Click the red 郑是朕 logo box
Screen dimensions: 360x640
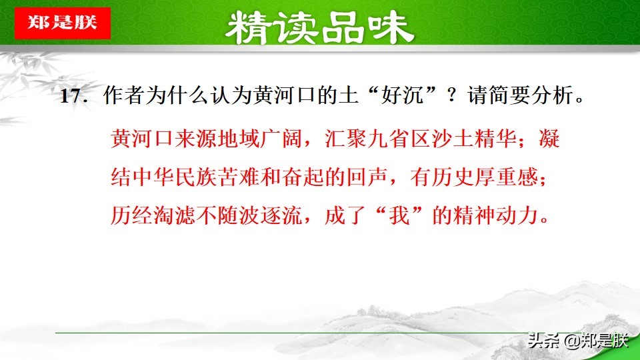62,23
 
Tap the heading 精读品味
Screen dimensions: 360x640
319,28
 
